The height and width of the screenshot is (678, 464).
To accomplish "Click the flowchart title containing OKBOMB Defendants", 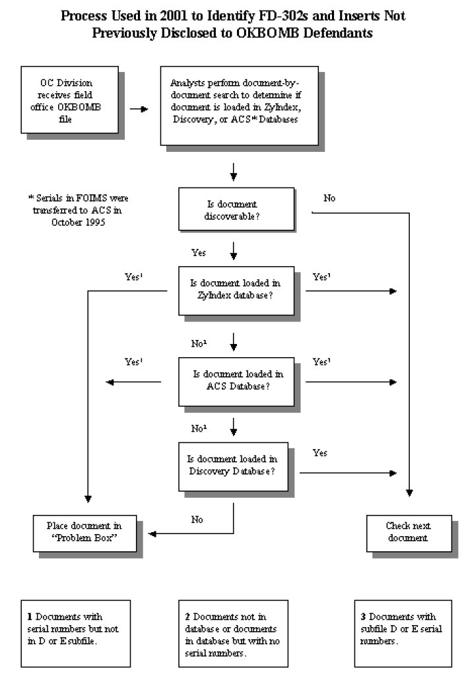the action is point(232,24).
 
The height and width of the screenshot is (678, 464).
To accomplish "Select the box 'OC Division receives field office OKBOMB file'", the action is point(69,100).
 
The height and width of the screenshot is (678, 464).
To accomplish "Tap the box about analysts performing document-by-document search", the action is point(240,106).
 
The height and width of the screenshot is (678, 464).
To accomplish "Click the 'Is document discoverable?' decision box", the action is point(236,209).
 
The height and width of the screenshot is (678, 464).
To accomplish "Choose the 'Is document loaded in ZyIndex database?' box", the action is point(236,290).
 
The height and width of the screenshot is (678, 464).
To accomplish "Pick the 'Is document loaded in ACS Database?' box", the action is point(236,382).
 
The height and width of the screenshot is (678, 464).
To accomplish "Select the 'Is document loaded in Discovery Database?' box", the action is point(234,467).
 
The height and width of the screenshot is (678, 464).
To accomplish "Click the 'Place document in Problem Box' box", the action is point(84,533).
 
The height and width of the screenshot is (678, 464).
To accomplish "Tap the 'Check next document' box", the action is point(409,533).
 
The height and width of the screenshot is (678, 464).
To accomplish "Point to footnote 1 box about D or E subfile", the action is point(76,634).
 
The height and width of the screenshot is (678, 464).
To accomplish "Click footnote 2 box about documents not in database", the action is point(234,634).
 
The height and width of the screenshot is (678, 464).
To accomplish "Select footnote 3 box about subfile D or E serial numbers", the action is point(403,634).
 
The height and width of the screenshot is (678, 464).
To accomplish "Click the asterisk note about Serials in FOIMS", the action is point(79,210).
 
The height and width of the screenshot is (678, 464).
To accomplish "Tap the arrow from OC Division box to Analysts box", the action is point(139,109).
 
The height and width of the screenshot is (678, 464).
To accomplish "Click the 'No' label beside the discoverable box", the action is point(329,198).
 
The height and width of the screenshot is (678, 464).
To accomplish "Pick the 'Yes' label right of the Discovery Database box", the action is point(320,453).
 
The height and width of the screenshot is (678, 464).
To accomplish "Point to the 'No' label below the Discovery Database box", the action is point(197,520).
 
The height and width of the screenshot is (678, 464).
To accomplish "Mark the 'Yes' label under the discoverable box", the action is point(199,253).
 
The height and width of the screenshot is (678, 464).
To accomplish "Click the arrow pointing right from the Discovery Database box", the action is point(348,473).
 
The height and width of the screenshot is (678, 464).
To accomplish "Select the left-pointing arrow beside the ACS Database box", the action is point(133,382).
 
